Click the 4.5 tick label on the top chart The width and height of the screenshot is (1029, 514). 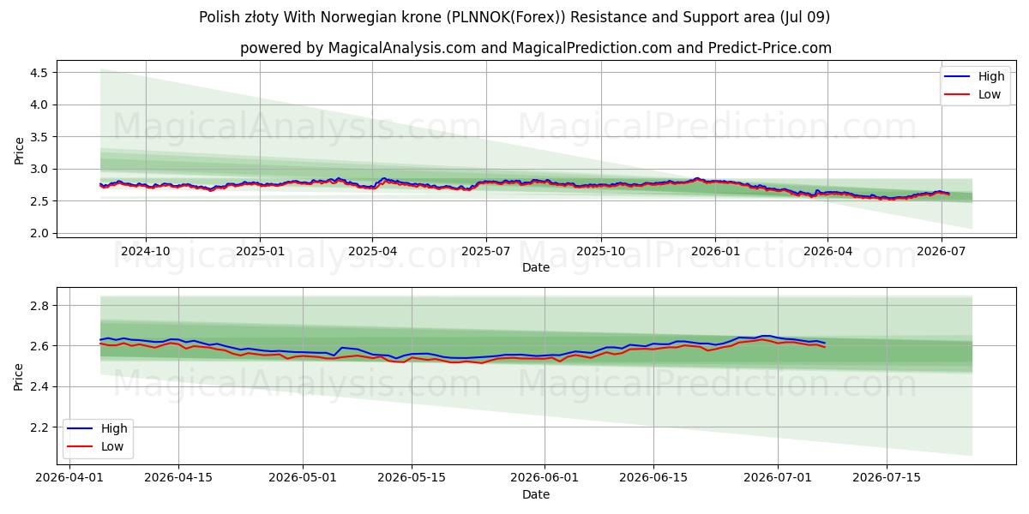click(x=39, y=73)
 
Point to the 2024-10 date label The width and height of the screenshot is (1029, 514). click(x=146, y=251)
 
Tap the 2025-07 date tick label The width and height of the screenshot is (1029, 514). click(x=486, y=251)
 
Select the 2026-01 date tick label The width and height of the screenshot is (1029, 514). click(x=715, y=251)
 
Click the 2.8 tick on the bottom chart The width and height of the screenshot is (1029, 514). click(x=39, y=306)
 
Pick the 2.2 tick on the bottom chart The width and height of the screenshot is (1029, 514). click(x=39, y=427)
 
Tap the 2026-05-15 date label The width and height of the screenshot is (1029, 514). click(x=412, y=477)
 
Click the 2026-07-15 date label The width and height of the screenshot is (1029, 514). click(x=887, y=477)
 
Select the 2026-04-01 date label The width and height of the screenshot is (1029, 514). click(x=69, y=477)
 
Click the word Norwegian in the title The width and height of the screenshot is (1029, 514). click(x=352, y=17)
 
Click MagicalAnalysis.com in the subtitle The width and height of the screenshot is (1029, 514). click(x=402, y=48)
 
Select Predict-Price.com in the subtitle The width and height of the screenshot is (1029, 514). click(x=770, y=48)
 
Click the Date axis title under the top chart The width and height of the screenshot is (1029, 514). click(x=536, y=267)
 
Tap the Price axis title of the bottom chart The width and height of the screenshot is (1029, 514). click(x=18, y=377)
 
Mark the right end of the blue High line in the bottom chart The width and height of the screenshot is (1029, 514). click(x=825, y=343)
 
